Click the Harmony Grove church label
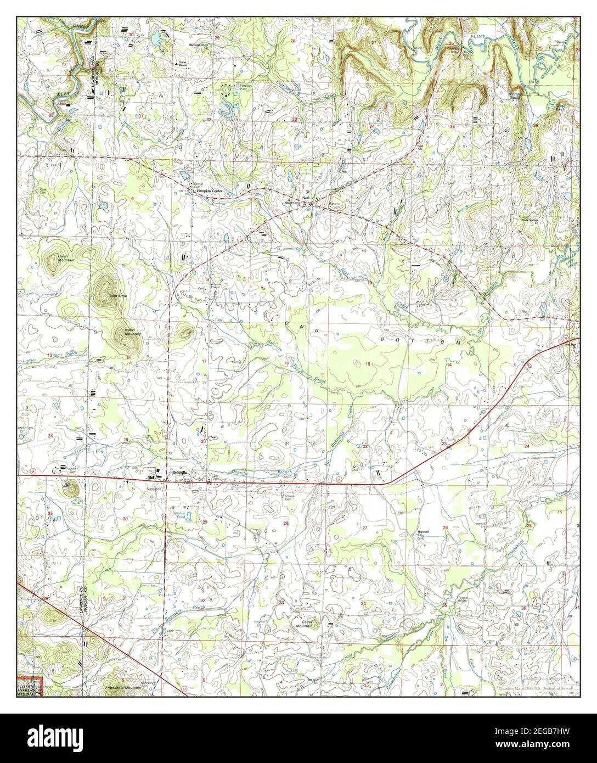199,46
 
